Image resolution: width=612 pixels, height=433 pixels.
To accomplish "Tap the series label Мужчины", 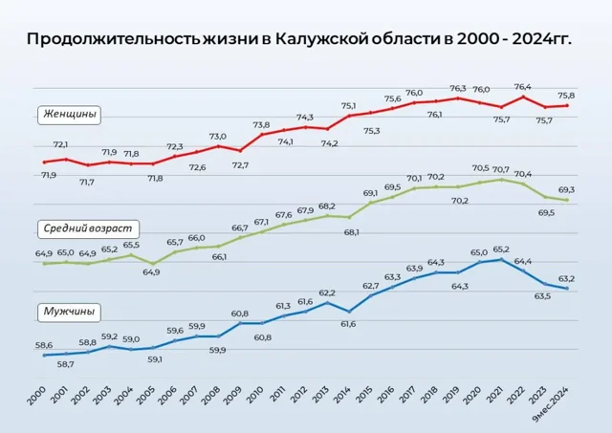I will click(72, 312).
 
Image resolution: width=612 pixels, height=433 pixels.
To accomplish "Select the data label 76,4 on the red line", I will click(523, 86).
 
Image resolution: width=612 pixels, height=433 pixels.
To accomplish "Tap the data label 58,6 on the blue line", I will click(44, 344).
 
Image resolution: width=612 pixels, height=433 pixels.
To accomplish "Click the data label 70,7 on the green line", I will click(501, 168).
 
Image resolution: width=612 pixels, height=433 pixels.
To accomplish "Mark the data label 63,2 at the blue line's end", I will click(567, 278).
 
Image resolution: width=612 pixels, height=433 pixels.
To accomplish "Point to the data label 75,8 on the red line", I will click(567, 96).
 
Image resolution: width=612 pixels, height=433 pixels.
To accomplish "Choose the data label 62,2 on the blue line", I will click(327, 292).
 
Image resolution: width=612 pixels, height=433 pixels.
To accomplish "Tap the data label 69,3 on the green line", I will click(567, 190).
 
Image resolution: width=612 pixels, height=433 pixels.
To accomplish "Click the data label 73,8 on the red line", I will click(261, 124).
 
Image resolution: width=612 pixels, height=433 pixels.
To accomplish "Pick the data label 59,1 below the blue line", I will click(154, 359).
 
